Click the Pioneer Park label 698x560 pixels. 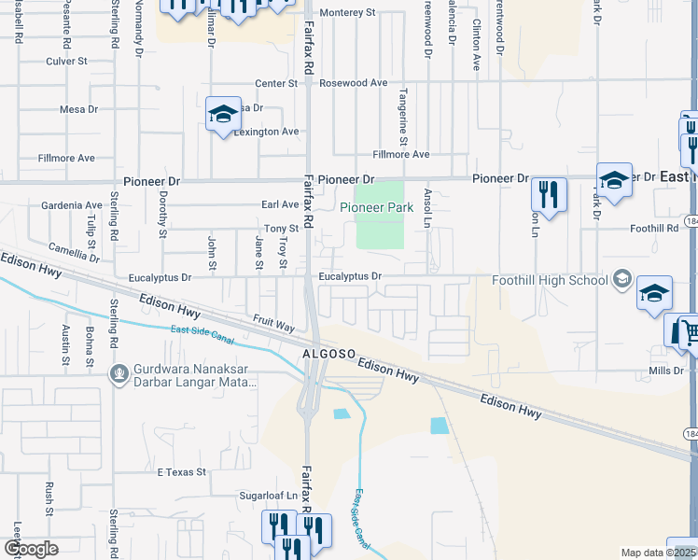(376, 208)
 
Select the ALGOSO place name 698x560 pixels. (328, 356)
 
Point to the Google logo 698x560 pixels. (31, 549)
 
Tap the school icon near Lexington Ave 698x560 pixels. (223, 115)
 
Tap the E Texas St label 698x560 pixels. (181, 472)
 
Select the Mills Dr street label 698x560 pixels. (666, 371)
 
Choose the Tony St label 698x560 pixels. (280, 228)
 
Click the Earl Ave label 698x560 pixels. (280, 205)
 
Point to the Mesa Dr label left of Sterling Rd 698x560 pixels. (78, 109)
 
